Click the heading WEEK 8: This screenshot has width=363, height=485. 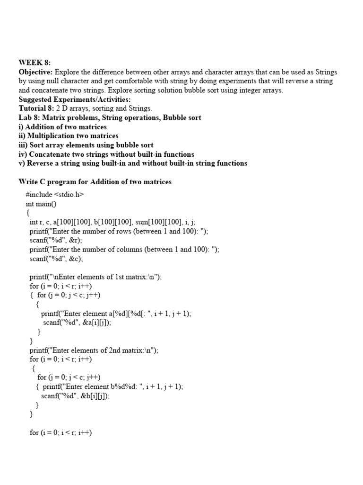(x=35, y=63)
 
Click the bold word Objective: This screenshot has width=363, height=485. (x=36, y=72)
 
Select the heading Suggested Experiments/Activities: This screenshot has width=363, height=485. (x=75, y=99)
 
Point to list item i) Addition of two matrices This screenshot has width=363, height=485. (x=62, y=127)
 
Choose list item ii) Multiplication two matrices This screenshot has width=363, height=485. (x=68, y=136)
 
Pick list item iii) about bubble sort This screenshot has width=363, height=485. (x=86, y=145)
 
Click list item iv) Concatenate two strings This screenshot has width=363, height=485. (x=106, y=154)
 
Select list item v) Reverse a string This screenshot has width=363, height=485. (x=132, y=163)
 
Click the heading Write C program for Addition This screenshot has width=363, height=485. (x=95, y=182)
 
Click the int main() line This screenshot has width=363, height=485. (x=43, y=204)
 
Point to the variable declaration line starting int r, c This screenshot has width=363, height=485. (x=112, y=222)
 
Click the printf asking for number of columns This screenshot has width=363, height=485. (x=124, y=249)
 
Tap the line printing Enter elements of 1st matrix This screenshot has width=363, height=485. (x=95, y=277)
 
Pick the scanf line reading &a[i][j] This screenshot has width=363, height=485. (x=79, y=323)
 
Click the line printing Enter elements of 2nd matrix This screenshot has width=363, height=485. (x=94, y=350)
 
